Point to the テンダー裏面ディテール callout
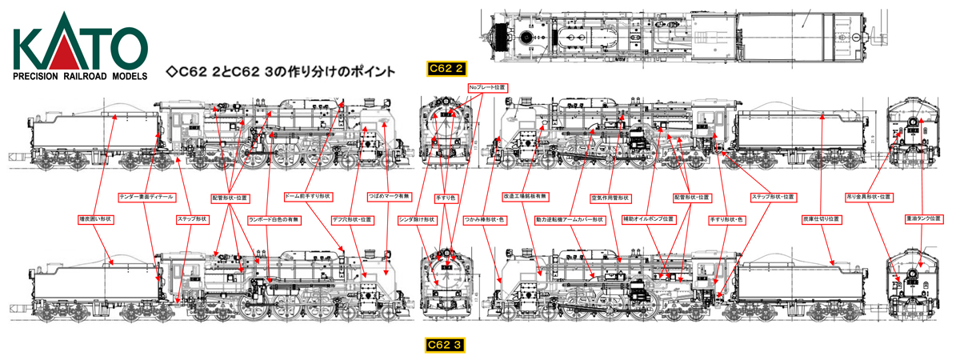[x=146, y=196]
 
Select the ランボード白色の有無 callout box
[x=274, y=218]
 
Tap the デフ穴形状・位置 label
[x=353, y=218]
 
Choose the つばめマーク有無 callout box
[x=390, y=196]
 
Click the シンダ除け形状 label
[x=418, y=218]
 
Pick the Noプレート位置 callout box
[x=487, y=86]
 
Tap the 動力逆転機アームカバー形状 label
[x=569, y=218]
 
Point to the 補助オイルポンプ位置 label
[x=648, y=218]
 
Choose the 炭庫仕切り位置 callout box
[x=822, y=218]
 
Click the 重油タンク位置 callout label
[x=924, y=218]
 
